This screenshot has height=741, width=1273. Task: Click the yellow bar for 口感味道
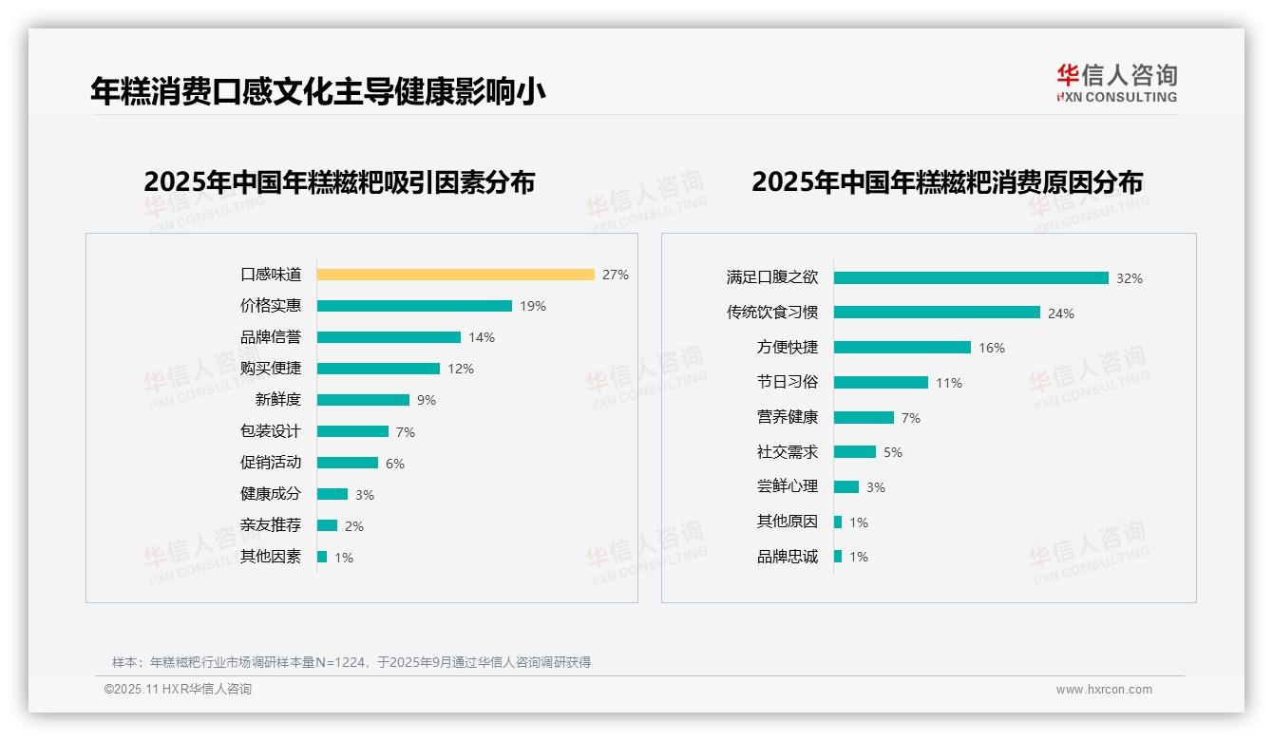tap(455, 275)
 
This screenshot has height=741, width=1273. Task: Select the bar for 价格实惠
tap(414, 306)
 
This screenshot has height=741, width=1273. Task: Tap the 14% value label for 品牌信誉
tap(482, 337)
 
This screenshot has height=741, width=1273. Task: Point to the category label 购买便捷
tap(270, 369)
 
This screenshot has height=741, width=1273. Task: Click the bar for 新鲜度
tap(363, 400)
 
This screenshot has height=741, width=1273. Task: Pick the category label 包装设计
tap(270, 431)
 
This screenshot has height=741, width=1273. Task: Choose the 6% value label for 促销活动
tap(395, 464)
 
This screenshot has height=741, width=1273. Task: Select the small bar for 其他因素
tap(322, 557)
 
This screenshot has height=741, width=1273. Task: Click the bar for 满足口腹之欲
tap(971, 278)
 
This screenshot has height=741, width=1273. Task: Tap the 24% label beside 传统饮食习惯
tap(1061, 313)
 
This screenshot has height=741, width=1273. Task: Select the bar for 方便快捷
tap(902, 348)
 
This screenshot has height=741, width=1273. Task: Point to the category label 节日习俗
tap(787, 382)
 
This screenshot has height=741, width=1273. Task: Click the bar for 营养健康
tap(864, 417)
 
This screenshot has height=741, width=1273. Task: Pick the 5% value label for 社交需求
tap(893, 452)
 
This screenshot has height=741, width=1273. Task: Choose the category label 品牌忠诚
tap(787, 557)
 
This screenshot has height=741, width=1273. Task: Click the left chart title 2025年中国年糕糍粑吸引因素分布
tap(339, 182)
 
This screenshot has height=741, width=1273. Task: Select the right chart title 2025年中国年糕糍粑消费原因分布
tap(947, 182)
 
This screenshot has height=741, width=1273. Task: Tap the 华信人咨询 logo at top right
tap(1116, 84)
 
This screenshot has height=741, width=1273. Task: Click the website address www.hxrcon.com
tap(1104, 690)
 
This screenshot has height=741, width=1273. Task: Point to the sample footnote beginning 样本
tap(351, 662)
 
